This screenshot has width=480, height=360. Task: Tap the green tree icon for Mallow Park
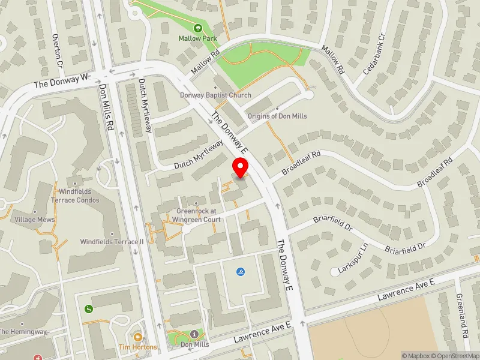click(x=197, y=28)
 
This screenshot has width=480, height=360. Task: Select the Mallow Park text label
click(x=197, y=38)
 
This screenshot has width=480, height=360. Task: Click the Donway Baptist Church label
click(x=215, y=95)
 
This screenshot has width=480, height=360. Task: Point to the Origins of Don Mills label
click(x=273, y=116)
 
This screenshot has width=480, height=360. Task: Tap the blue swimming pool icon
click(x=241, y=272)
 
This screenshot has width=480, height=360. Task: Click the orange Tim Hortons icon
click(x=137, y=337)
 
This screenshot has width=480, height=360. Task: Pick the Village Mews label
click(x=35, y=220)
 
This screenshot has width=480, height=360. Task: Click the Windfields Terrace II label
click(x=112, y=242)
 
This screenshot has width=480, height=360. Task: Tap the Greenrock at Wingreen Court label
click(x=199, y=215)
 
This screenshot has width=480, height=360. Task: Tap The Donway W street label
click(x=61, y=82)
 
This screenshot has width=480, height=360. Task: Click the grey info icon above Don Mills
click(x=194, y=334)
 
